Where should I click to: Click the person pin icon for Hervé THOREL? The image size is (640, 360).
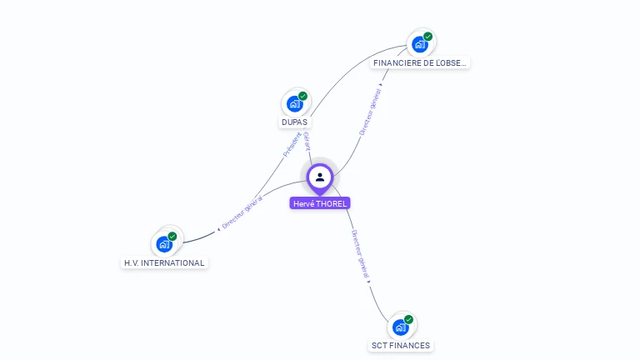pos(320,177)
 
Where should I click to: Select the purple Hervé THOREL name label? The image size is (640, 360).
pos(320,203)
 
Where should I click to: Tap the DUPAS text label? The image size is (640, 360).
pos(294,122)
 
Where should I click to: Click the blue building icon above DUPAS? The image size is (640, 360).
pos(294,103)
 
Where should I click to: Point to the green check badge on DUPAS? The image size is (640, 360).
pos(303,96)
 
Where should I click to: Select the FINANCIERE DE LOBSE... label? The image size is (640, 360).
pos(421,62)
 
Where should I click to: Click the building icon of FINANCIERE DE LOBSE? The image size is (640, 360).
pos(419,44)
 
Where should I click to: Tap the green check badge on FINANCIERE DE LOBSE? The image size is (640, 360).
pos(428,37)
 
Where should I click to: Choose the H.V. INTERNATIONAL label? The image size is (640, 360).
pos(164,262)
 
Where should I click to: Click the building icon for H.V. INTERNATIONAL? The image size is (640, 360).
pos(164,244)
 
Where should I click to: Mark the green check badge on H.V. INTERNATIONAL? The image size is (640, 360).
pos(172,237)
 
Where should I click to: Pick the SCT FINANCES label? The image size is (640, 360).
pos(401,345)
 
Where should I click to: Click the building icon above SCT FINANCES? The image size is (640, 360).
pos(400,327)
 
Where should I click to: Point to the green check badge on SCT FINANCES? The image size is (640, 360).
pos(409,319)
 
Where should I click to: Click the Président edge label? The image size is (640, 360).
pos(292,143)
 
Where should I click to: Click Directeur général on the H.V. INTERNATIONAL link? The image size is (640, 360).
pos(242,212)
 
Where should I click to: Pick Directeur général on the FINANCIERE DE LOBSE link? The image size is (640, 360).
pos(372,113)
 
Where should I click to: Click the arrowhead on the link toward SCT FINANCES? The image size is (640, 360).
pos(368,282)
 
